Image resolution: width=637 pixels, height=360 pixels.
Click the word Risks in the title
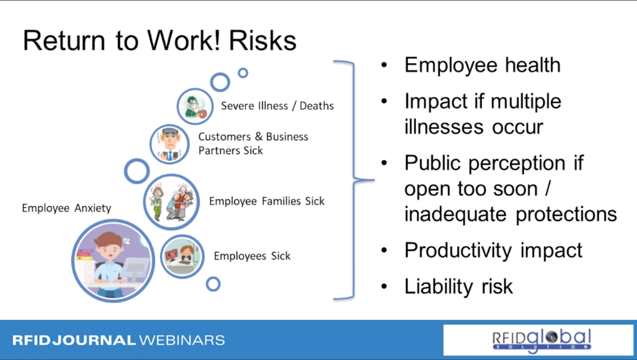(262, 41)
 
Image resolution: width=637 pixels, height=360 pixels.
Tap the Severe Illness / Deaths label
(277, 106)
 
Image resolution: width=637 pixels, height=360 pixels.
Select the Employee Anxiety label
(66, 208)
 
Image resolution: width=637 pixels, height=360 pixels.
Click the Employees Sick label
(252, 256)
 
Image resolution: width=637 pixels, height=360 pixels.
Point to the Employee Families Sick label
(267, 201)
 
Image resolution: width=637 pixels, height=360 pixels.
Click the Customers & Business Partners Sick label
(253, 144)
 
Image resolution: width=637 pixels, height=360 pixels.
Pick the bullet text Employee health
(482, 65)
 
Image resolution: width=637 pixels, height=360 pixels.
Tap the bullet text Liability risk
(459, 286)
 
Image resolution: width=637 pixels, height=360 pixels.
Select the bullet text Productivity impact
(493, 250)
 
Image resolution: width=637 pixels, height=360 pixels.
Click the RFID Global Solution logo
(541, 340)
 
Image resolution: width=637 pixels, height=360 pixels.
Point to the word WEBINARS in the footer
(182, 340)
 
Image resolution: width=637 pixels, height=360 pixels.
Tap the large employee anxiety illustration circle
(113, 260)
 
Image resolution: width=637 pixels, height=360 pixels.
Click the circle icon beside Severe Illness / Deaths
(195, 106)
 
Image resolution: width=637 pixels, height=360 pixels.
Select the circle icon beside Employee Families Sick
(171, 202)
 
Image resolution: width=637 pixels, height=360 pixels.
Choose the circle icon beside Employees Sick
(182, 256)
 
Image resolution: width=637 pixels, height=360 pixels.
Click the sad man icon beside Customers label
(169, 144)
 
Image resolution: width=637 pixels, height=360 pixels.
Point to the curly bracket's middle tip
(373, 180)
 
